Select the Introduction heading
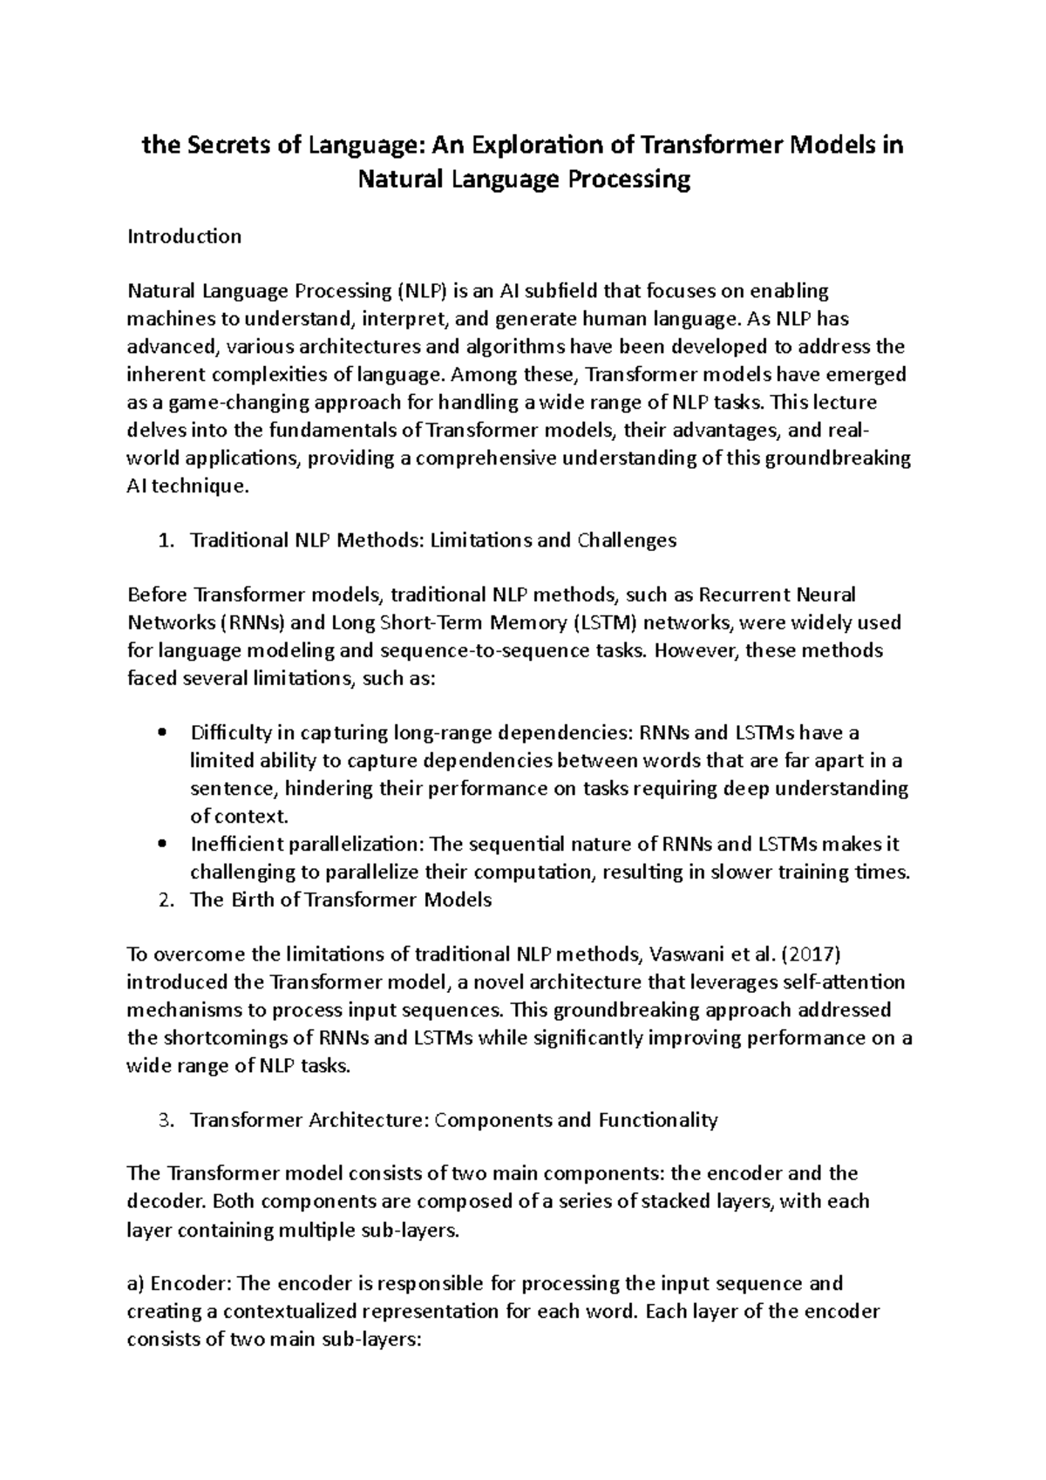[184, 236]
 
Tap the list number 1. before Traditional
[167, 540]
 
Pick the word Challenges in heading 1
[626, 540]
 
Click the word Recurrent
[747, 594]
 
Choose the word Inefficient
[237, 844]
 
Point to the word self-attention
[838, 982]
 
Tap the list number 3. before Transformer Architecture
[167, 1120]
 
